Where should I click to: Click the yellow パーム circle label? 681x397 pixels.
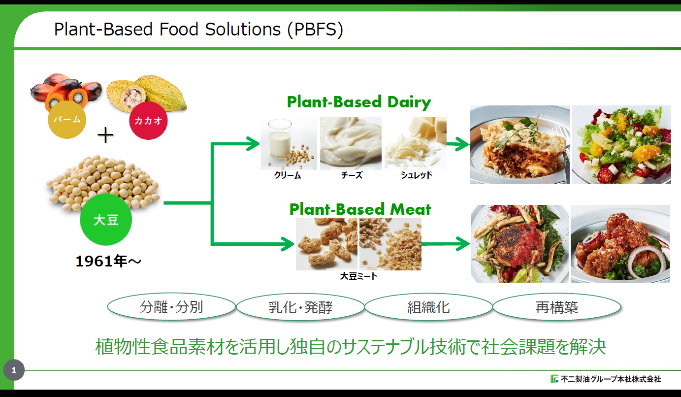(67, 119)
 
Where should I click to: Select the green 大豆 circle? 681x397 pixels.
(106, 220)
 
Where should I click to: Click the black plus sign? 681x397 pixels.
(105, 135)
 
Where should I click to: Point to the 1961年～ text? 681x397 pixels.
(108, 262)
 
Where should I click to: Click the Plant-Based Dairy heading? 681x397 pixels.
(359, 102)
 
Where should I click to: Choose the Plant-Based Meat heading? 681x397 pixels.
(360, 209)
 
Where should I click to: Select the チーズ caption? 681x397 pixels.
(351, 175)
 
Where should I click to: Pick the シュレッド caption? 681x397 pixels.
(416, 175)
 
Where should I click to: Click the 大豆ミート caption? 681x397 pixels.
(358, 276)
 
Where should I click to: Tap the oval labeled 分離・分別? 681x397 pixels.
(171, 307)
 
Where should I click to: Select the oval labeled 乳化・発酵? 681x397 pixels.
(300, 307)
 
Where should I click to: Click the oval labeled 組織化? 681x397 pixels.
(428, 307)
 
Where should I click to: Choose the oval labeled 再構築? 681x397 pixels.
(556, 307)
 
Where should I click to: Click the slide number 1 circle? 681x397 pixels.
(14, 370)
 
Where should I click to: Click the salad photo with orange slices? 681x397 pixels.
(620, 144)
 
